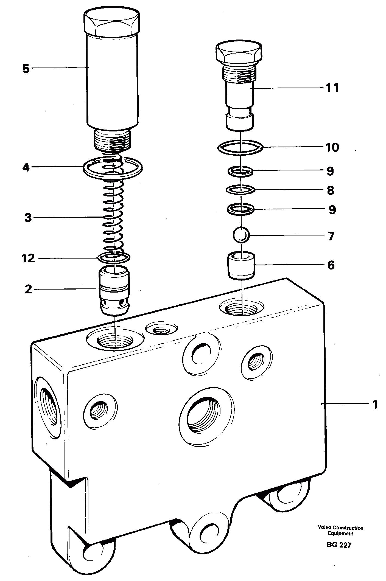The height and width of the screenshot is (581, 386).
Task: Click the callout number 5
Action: (26, 69)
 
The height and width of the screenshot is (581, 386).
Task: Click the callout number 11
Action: (332, 88)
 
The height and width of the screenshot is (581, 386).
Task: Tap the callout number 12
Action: (29, 258)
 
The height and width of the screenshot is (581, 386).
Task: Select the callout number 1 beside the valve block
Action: (374, 404)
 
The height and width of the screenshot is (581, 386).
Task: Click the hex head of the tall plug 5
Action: (112, 22)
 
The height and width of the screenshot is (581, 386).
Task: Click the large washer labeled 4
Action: (113, 167)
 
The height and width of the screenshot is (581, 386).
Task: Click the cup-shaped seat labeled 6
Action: (241, 265)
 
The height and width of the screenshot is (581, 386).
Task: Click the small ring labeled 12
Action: (114, 257)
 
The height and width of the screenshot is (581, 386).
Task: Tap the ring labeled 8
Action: (240, 190)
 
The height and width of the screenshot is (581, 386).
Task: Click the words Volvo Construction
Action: (340, 528)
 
